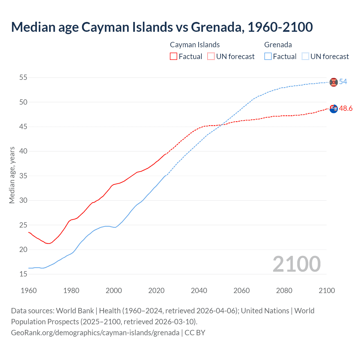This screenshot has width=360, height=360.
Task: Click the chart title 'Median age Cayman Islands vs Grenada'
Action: (x=162, y=27)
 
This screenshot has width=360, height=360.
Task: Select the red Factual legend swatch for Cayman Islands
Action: (x=174, y=57)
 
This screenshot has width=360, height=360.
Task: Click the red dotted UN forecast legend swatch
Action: (x=211, y=57)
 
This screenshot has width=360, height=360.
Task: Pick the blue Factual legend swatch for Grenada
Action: (x=268, y=57)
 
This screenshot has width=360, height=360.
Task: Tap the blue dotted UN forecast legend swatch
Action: (x=305, y=57)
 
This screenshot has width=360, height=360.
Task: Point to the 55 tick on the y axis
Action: (x=23, y=77)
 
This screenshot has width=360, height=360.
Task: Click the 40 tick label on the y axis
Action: (x=23, y=151)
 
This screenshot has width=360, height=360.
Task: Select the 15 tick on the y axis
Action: (x=23, y=274)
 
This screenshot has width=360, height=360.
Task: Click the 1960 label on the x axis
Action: (x=29, y=291)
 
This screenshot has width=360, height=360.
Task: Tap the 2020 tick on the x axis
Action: (x=156, y=291)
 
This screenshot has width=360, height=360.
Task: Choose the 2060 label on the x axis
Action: (x=242, y=291)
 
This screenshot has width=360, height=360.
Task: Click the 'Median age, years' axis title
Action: (x=12, y=175)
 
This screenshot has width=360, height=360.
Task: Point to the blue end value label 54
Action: (x=343, y=82)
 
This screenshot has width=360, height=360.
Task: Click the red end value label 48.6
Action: (x=346, y=109)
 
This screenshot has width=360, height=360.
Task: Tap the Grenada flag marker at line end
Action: (x=334, y=82)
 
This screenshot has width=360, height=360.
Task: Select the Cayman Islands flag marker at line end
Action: (x=334, y=109)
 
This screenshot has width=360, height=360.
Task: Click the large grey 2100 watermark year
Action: (x=296, y=264)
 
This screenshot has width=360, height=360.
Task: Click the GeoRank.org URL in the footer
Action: (x=95, y=333)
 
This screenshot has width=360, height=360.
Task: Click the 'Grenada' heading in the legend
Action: (x=278, y=45)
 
